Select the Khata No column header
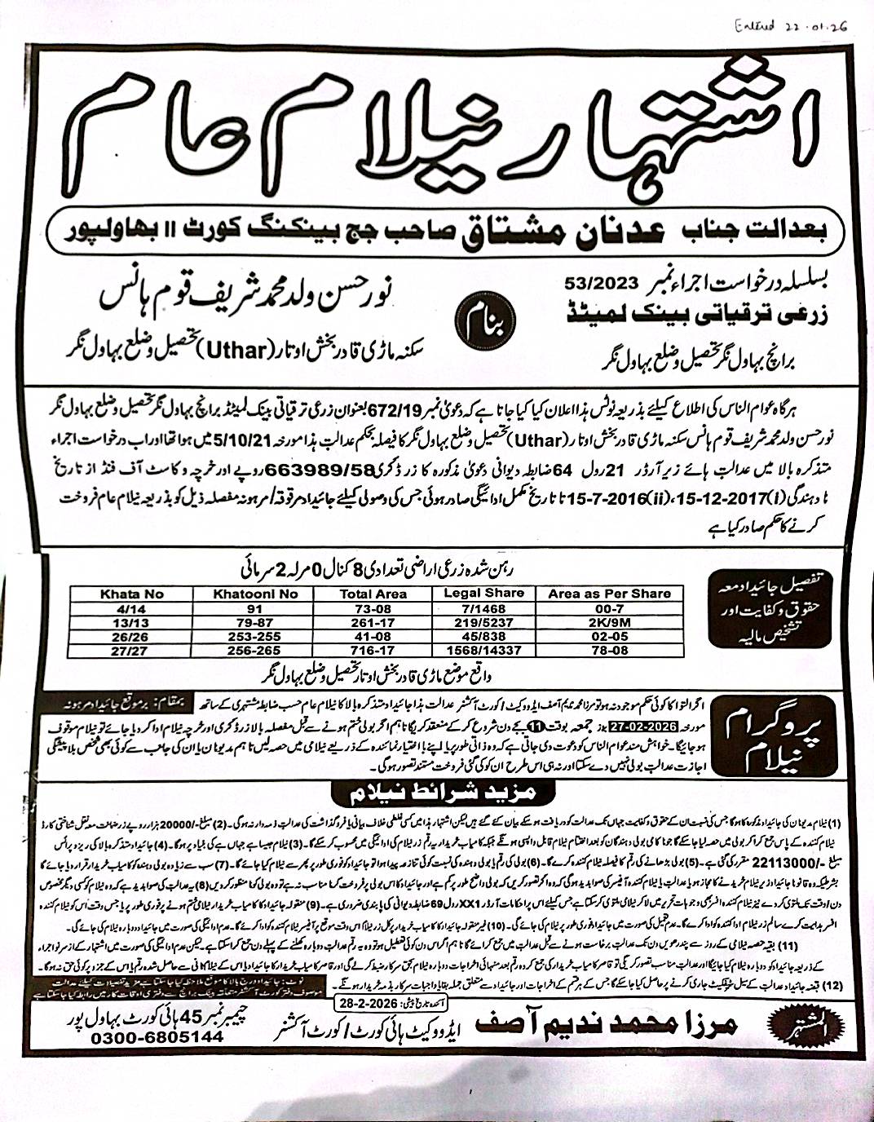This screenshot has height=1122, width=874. click(x=131, y=594)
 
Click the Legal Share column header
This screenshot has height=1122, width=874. click(x=483, y=593)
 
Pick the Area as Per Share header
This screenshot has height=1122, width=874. click(x=609, y=594)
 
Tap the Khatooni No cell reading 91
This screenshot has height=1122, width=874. click(x=254, y=608)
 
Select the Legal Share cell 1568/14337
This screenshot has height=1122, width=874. click(x=483, y=651)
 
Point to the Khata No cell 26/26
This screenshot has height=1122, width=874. click(x=131, y=637)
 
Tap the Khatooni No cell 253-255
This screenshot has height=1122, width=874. click(x=254, y=637)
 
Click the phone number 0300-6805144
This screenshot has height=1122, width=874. click(x=157, y=1037)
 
